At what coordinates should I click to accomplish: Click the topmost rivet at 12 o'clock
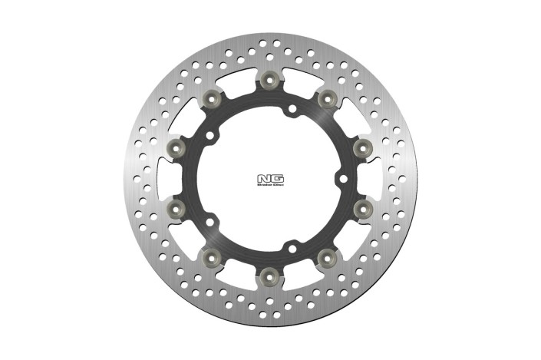pos(269,80)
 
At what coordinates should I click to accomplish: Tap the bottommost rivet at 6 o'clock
pos(269,272)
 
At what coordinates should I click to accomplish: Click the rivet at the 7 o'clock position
pos(213,255)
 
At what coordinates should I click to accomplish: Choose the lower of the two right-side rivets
pos(361,206)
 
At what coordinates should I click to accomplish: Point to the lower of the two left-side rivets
pos(177,206)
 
